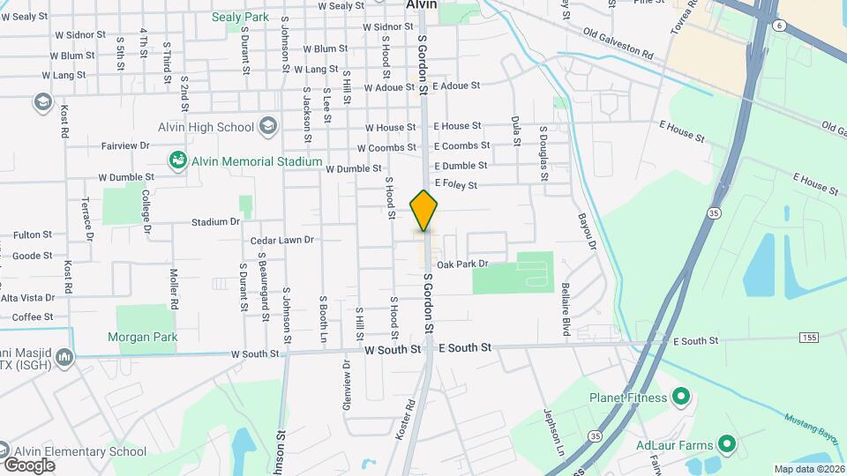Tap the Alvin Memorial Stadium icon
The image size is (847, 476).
[x=177, y=161]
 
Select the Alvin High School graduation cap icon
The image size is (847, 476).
[x=266, y=127]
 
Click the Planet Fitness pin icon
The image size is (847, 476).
[x=680, y=398]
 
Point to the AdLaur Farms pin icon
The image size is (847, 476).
[x=726, y=443]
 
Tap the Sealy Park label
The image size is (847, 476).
[x=240, y=17]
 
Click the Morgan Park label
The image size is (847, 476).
[x=142, y=337]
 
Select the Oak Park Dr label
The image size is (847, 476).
[x=462, y=264]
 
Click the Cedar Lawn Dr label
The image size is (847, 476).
[x=282, y=240]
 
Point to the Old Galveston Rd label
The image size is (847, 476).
[x=618, y=43]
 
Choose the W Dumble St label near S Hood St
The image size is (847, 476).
[x=353, y=168]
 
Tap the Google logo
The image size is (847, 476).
[x=29, y=465]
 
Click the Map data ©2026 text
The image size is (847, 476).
[x=810, y=469]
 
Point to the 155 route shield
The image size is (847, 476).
[x=809, y=338]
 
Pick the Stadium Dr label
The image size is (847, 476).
[x=215, y=222]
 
